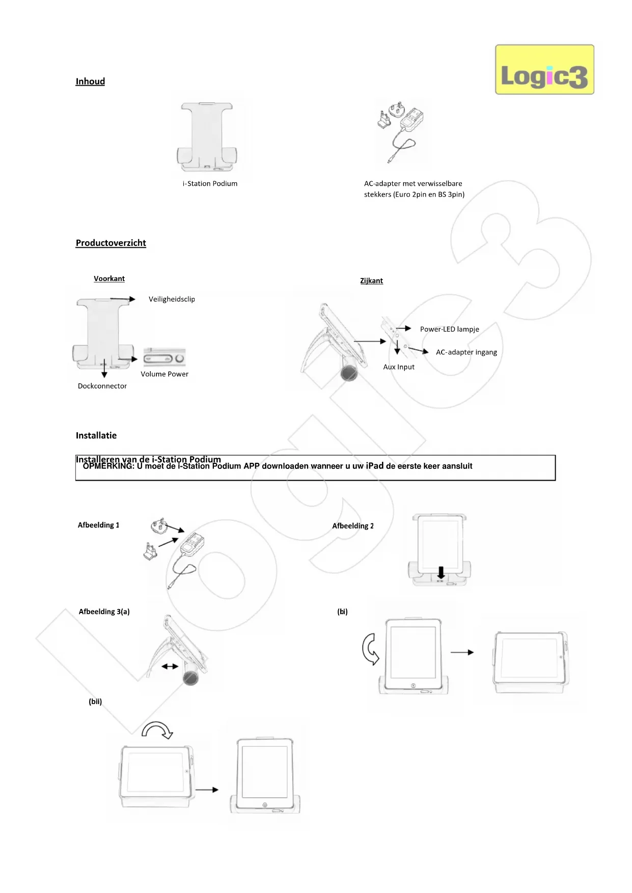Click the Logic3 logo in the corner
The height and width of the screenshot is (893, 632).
click(544, 70)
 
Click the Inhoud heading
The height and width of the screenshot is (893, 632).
click(90, 81)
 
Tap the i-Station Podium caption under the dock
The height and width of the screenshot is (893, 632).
click(210, 184)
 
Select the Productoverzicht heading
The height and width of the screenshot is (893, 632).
click(111, 243)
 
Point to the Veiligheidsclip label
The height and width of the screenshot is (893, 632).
click(172, 299)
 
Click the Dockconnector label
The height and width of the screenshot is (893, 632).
click(102, 386)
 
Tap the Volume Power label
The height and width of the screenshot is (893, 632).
click(164, 374)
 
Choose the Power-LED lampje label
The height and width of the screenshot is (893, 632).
click(449, 329)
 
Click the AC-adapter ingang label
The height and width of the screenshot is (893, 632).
click(466, 352)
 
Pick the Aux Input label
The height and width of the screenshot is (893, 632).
click(399, 367)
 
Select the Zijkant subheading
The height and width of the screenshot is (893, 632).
click(371, 281)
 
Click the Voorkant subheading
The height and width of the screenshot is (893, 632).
click(109, 279)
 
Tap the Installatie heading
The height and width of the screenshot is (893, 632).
click(96, 436)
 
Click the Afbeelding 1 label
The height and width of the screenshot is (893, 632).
click(98, 525)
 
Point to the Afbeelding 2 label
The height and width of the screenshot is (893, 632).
click(353, 526)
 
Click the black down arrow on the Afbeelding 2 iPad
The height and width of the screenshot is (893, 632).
click(441, 572)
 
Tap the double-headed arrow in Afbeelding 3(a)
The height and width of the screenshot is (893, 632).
click(170, 666)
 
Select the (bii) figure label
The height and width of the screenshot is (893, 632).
click(95, 702)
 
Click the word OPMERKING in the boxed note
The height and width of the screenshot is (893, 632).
click(108, 466)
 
